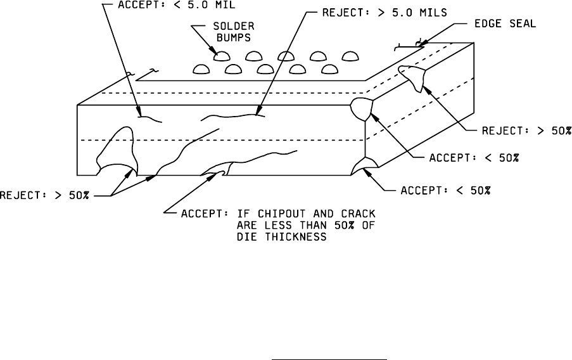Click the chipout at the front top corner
(x=362, y=108)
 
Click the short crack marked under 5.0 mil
(x=150, y=117)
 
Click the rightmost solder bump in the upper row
(x=350, y=57)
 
